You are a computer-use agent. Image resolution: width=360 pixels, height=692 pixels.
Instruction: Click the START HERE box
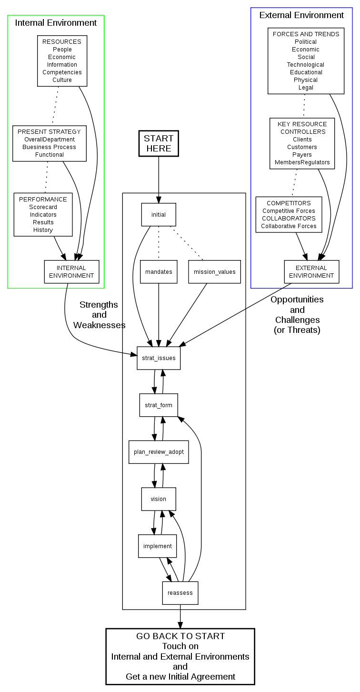tap(159, 143)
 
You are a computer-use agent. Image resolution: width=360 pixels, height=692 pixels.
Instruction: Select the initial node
tap(159, 214)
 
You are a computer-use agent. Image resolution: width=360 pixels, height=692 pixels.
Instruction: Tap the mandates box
tap(159, 272)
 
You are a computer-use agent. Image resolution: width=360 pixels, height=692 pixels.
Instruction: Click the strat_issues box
tap(159, 358)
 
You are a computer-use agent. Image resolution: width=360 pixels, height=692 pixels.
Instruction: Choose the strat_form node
tap(159, 405)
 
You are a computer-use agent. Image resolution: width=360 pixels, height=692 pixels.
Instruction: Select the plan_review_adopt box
tap(159, 452)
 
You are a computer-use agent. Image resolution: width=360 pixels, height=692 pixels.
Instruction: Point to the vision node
tap(159, 499)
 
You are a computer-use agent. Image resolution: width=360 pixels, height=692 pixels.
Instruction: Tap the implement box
tap(158, 546)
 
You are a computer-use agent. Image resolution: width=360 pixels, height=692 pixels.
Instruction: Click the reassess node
tap(180, 593)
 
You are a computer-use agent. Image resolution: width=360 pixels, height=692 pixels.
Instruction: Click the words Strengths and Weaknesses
tap(99, 315)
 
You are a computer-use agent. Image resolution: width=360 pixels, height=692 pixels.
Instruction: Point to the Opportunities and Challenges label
tap(297, 314)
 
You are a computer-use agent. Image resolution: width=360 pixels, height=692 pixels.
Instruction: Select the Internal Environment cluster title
tap(56, 23)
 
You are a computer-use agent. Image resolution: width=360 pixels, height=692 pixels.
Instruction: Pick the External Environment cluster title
tap(301, 15)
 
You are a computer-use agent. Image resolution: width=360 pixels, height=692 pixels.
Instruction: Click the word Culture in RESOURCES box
tap(62, 80)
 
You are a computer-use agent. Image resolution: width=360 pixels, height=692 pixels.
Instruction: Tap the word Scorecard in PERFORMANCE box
tap(43, 207)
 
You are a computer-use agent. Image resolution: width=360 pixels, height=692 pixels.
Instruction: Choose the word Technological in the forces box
tap(306, 65)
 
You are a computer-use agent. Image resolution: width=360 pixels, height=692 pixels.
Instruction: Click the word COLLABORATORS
tap(289, 219)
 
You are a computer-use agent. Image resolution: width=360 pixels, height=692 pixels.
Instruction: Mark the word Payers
tap(302, 155)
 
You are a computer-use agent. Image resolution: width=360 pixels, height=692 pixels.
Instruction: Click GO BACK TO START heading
tap(180, 636)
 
